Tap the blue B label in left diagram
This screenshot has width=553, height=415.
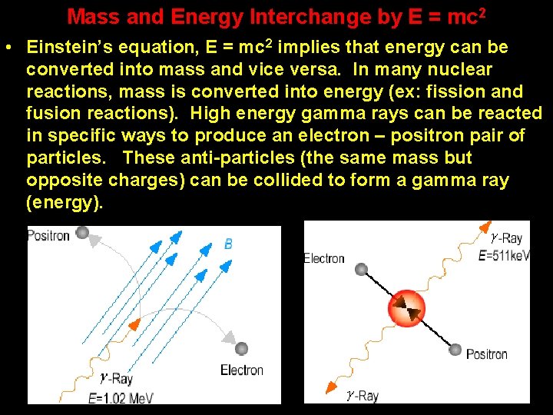pyautogui.click(x=228, y=244)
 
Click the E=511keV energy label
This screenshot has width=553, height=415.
pyautogui.click(x=503, y=255)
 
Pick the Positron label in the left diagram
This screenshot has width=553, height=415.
pyautogui.click(x=48, y=235)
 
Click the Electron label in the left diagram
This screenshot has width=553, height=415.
pyautogui.click(x=241, y=370)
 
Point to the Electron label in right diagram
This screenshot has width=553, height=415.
pyautogui.click(x=324, y=258)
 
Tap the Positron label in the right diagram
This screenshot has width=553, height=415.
pyautogui.click(x=486, y=354)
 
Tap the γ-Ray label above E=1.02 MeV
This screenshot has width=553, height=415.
pyautogui.click(x=117, y=378)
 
